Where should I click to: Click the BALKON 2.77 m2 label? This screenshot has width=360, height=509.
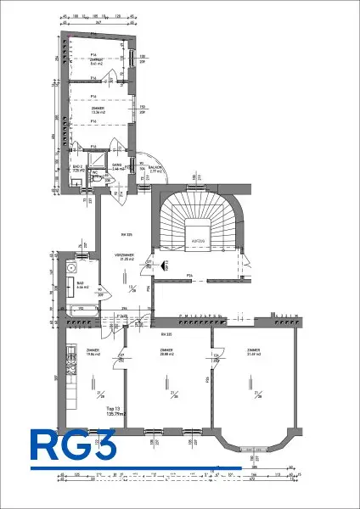pos(155,170)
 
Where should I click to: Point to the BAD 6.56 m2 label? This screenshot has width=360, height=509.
pos(83,287)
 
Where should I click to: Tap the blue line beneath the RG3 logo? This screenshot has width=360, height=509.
pos(136,467)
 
